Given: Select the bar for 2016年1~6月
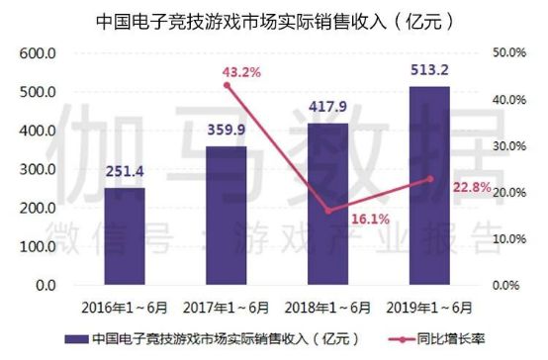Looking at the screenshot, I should point(125,236).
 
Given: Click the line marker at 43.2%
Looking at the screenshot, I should point(227,85).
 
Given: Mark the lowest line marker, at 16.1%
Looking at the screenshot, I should point(327,211).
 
